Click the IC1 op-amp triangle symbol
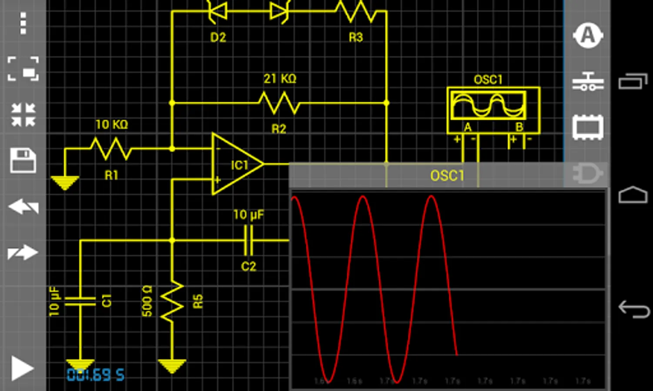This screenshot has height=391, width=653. (236, 164)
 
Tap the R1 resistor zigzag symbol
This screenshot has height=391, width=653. (111, 149)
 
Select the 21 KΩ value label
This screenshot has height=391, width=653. (280, 79)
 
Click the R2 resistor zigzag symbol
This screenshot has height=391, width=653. (279, 103)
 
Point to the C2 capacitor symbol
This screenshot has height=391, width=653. (248, 240)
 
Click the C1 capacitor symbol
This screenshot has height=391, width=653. (80, 301)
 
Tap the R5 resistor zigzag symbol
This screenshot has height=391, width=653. (172, 301)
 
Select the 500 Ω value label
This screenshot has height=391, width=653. (147, 301)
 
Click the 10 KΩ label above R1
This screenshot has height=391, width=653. (111, 125)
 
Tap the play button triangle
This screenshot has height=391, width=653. (22, 369)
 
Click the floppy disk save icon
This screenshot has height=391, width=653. (23, 160)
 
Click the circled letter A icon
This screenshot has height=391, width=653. (588, 35)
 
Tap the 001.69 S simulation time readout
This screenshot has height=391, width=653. (95, 375)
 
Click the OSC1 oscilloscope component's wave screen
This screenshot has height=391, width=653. (488, 105)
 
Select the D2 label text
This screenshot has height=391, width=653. (218, 37)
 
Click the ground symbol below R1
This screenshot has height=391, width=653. (65, 182)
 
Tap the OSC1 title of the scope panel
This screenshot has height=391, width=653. (447, 176)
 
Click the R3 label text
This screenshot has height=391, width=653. (356, 37)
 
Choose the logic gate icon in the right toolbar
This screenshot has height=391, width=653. (587, 174)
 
